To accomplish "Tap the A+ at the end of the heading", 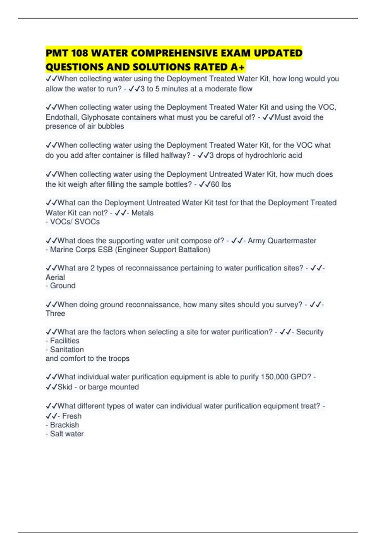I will [237, 67].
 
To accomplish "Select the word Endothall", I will [62, 117].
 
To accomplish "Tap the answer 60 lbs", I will [221, 184].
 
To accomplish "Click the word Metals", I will [142, 213].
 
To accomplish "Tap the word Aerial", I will [55, 277].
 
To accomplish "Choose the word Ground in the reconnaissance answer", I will [63, 286].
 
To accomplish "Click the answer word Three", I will [55, 314].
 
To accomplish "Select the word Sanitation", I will [67, 350].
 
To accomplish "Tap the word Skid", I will [65, 387].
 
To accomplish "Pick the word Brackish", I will [65, 425].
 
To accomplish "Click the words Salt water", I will [67, 434].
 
